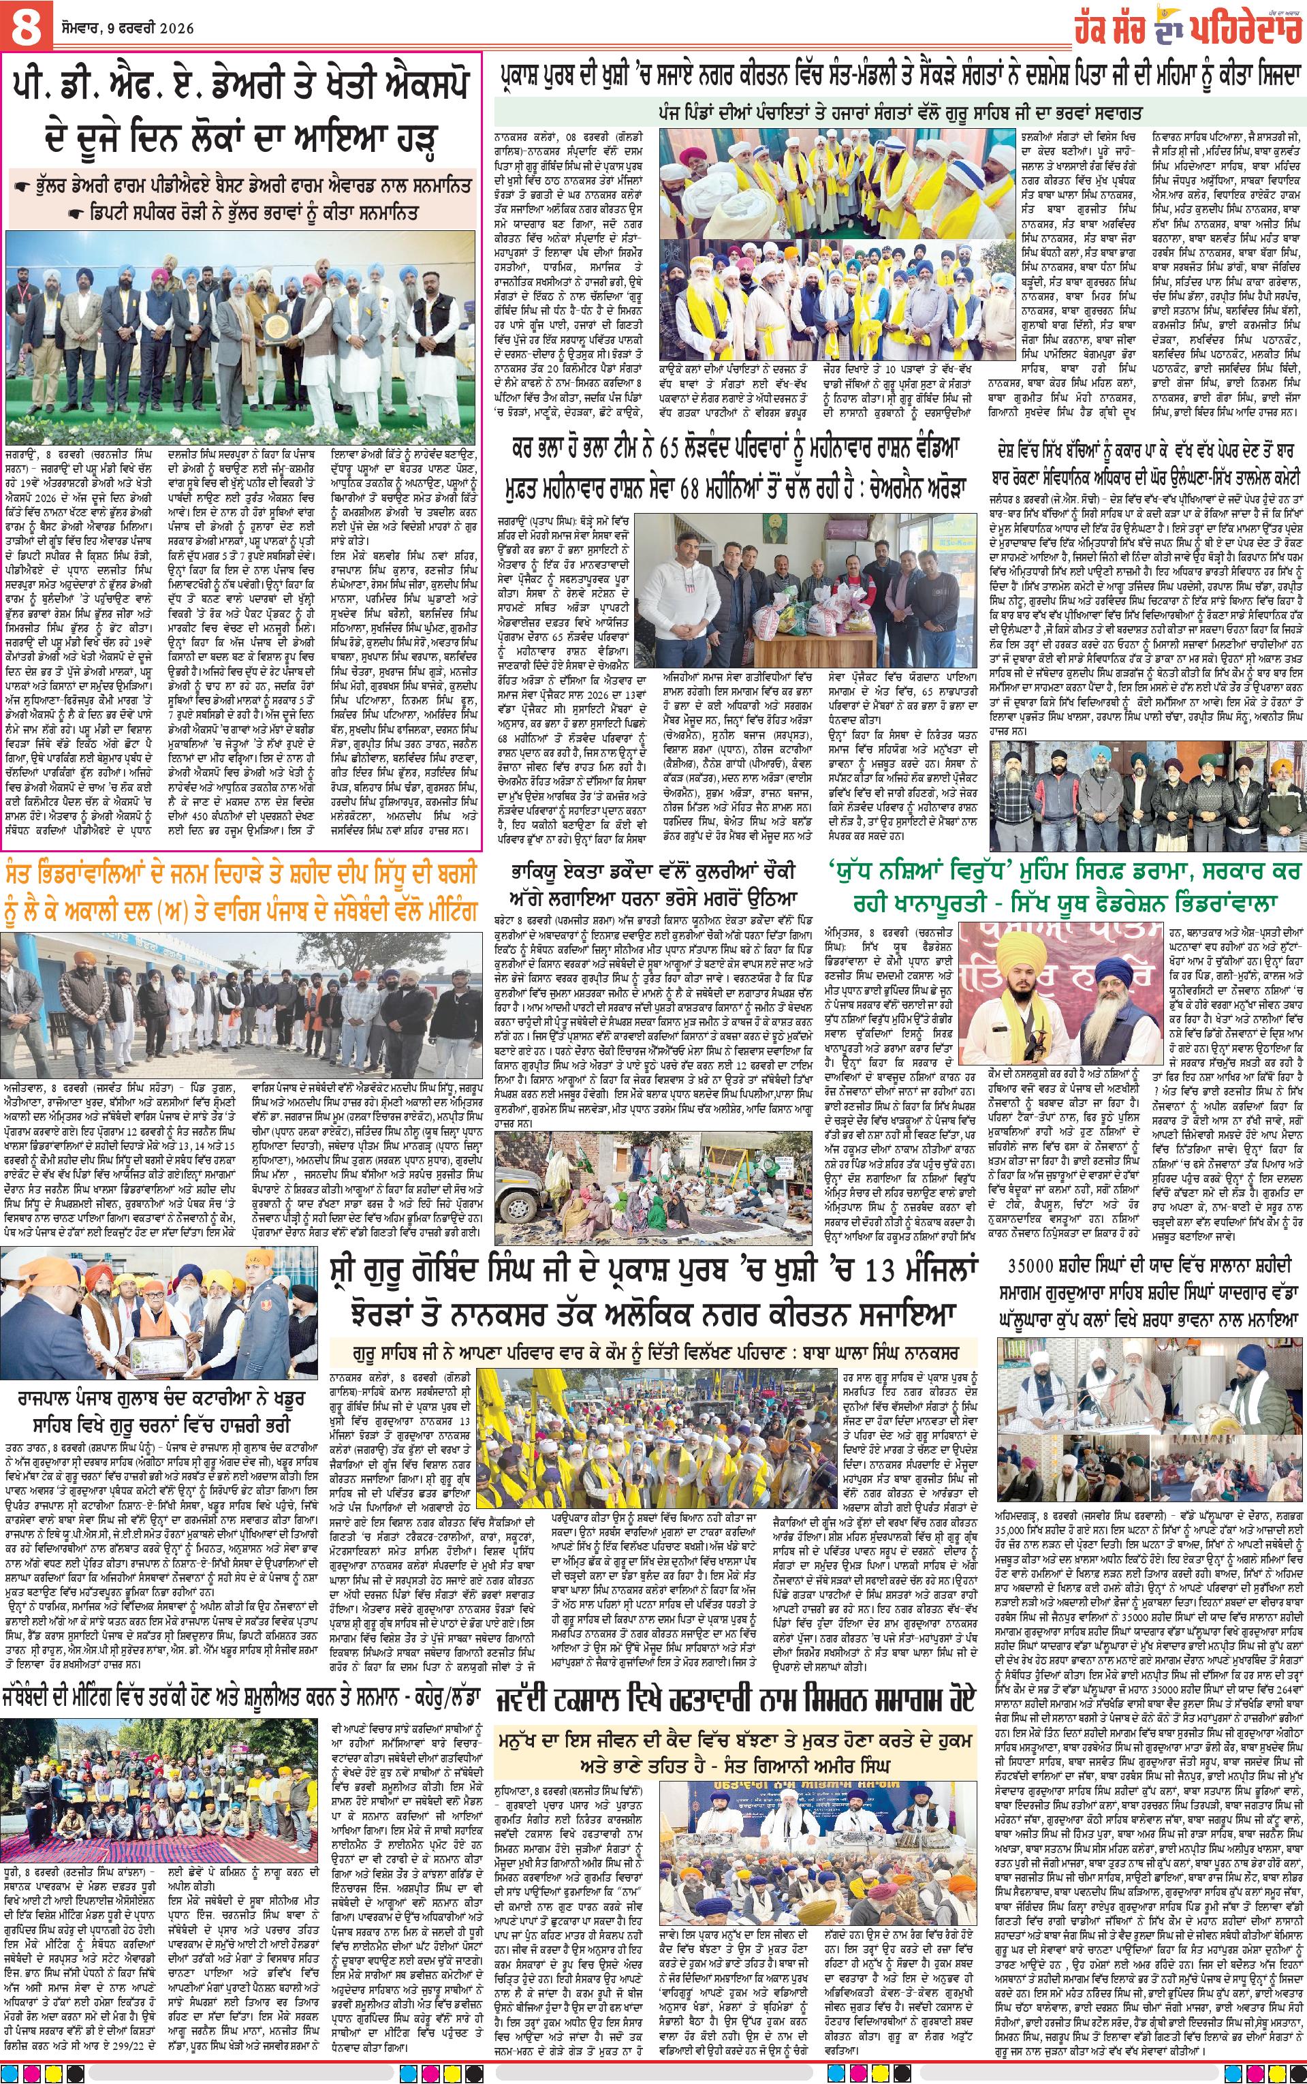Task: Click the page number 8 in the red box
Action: [27, 25]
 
